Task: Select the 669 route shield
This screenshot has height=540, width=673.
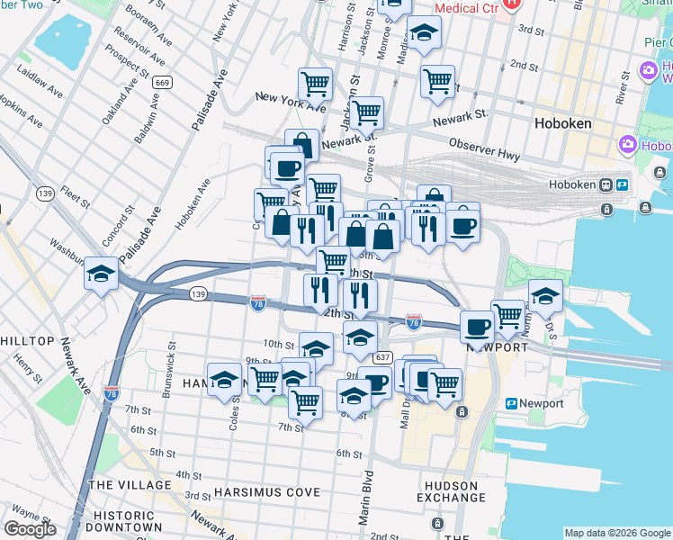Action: click(162, 83)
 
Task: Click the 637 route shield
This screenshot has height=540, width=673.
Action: click(382, 358)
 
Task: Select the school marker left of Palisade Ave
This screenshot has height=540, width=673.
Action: click(102, 274)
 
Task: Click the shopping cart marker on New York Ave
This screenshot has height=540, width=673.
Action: click(316, 85)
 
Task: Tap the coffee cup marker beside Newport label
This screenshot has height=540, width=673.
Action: click(477, 326)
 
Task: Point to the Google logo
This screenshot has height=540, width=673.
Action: click(30, 529)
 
